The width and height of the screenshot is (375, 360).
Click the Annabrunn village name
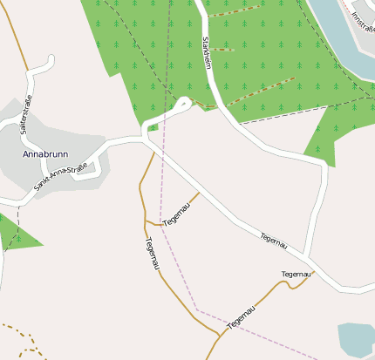click(x=44, y=154)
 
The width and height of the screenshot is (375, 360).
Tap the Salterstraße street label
click(x=26, y=114)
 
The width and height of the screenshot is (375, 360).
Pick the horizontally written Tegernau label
click(x=296, y=275)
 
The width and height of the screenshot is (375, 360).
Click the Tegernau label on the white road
click(x=273, y=241)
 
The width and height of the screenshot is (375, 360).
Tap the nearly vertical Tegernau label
click(x=152, y=253)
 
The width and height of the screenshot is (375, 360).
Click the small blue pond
click(x=356, y=340)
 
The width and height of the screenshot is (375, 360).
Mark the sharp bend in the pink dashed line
click(x=198, y=309)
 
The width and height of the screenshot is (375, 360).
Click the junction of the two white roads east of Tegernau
click(x=307, y=258)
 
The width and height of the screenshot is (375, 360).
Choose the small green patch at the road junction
click(x=153, y=128)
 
